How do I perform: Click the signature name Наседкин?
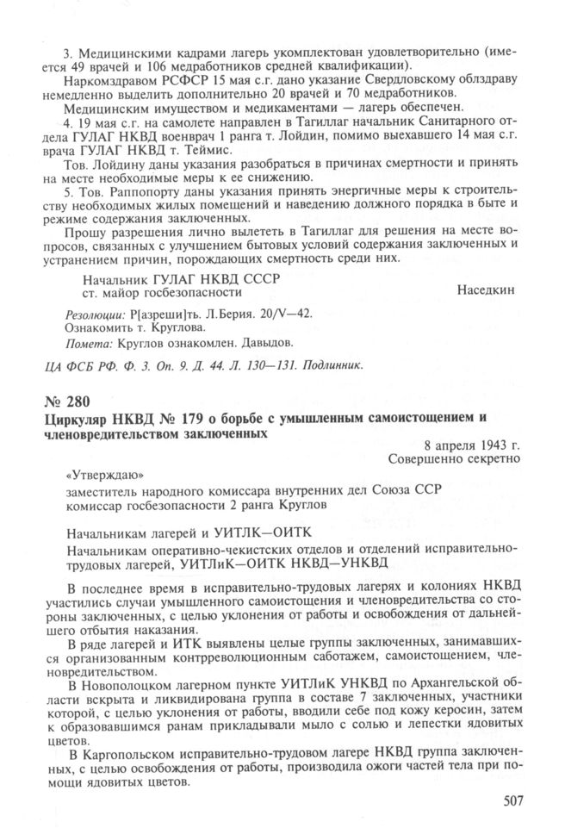pyautogui.click(x=485, y=289)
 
